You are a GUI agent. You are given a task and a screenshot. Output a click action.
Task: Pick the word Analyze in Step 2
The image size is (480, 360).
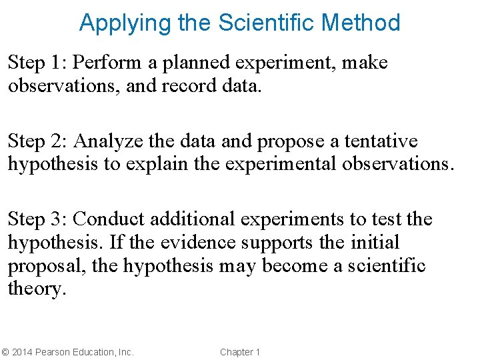[105, 141]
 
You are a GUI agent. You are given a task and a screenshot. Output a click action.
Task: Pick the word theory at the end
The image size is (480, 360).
[36, 289]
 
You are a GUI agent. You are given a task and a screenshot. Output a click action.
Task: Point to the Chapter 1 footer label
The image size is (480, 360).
[240, 352]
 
